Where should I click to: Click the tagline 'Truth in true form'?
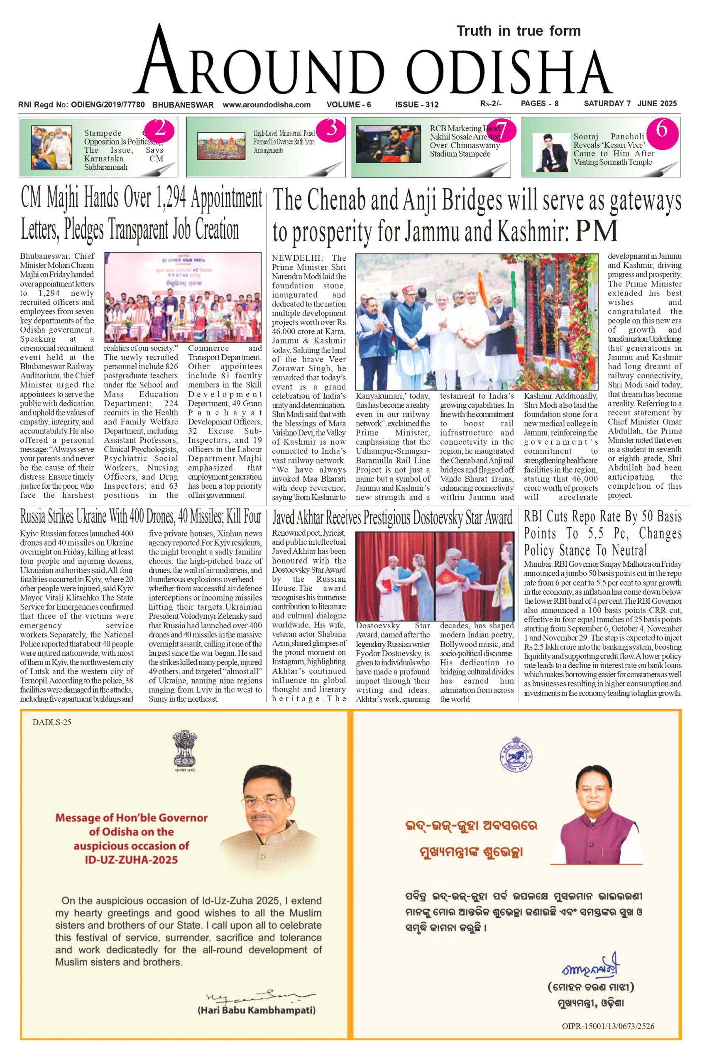tap(519, 31)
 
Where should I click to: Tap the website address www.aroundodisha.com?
tap(267, 105)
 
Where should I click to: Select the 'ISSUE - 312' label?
tap(416, 105)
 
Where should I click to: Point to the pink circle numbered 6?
tap(662, 130)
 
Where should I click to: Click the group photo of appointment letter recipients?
tap(183, 297)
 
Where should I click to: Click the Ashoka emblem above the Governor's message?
tap(185, 748)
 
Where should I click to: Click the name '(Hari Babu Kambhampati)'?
tap(256, 1009)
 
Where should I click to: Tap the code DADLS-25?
tap(51, 722)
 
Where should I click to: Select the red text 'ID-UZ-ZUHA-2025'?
tap(131, 859)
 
